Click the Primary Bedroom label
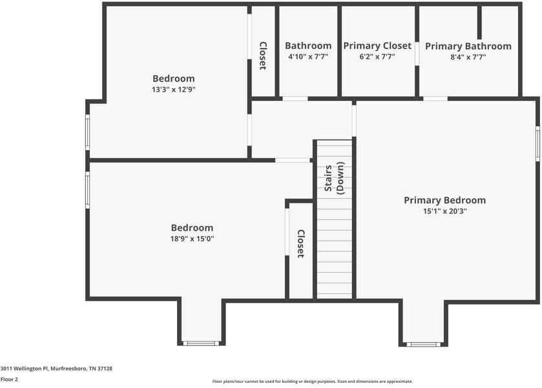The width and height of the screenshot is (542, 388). (x=444, y=200)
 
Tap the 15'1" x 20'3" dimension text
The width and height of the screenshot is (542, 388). (x=444, y=211)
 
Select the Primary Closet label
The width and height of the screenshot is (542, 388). (x=377, y=46)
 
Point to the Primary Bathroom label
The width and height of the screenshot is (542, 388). (x=468, y=47)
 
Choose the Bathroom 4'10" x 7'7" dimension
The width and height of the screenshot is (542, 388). (x=308, y=57)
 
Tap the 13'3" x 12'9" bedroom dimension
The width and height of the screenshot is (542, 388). (x=173, y=90)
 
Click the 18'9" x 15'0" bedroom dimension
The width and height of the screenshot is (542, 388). (x=192, y=239)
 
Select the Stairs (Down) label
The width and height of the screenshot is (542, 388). (x=334, y=178)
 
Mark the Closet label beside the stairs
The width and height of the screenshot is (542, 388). (x=300, y=244)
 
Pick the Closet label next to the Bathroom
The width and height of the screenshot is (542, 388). (x=263, y=56)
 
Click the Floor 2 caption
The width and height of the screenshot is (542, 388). (x=10, y=379)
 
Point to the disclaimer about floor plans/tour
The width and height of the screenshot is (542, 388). (x=312, y=382)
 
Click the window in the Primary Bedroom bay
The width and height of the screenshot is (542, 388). (x=424, y=344)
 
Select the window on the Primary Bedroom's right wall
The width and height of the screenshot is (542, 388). (x=537, y=144)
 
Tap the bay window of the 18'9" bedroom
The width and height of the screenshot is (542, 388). (x=201, y=343)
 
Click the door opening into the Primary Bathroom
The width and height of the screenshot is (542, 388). (x=435, y=98)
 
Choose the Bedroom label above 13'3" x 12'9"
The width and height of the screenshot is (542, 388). (x=173, y=79)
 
